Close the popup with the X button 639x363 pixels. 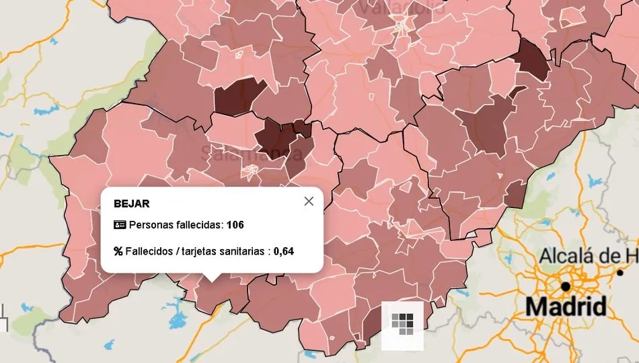click(309, 201)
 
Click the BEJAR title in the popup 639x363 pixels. click(132, 203)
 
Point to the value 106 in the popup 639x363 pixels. click(235, 224)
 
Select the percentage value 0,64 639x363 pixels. click(284, 251)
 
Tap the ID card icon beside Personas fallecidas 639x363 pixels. click(120, 224)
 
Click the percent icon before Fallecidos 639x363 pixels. click(118, 251)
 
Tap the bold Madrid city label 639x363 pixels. click(565, 306)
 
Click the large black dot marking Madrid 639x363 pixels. click(566, 286)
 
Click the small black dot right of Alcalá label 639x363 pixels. click(620, 273)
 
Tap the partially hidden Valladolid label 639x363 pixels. click(401, 8)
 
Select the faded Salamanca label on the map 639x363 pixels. click(250, 153)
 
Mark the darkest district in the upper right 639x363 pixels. click(532, 59)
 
